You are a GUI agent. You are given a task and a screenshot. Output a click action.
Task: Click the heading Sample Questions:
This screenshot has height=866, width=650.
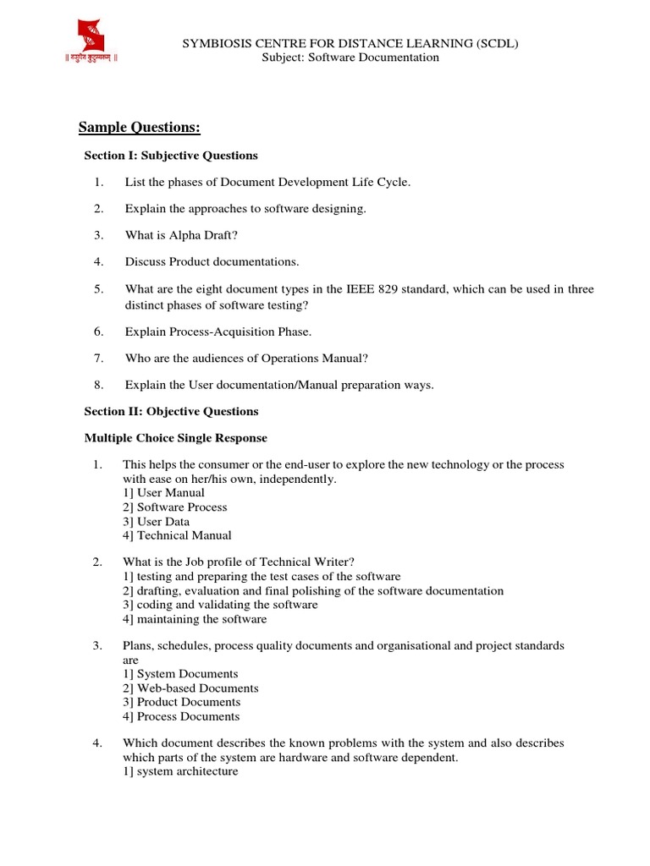point(139,128)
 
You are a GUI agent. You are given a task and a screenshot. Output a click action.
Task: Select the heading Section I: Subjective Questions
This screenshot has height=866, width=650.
point(171,156)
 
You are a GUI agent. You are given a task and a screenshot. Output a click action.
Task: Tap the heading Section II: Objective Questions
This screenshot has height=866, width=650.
point(171,411)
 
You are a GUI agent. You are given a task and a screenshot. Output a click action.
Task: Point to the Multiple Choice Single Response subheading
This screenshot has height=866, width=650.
point(175,438)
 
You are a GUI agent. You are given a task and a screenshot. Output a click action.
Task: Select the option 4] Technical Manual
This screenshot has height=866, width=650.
point(177,535)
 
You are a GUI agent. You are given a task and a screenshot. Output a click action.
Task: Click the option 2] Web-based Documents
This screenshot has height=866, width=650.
point(190,688)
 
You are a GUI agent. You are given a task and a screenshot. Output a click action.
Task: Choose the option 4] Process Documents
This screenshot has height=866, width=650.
point(181,716)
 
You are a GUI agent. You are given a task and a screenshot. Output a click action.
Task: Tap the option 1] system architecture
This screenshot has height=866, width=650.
point(180,771)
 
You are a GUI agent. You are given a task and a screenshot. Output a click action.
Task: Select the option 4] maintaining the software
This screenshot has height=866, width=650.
point(195,619)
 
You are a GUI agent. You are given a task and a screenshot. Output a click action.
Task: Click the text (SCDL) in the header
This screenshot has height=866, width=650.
point(496,44)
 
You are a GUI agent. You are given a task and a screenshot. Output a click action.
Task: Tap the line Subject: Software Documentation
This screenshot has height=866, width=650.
point(350,58)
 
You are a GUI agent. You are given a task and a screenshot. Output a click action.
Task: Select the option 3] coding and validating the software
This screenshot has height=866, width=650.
point(220,605)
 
